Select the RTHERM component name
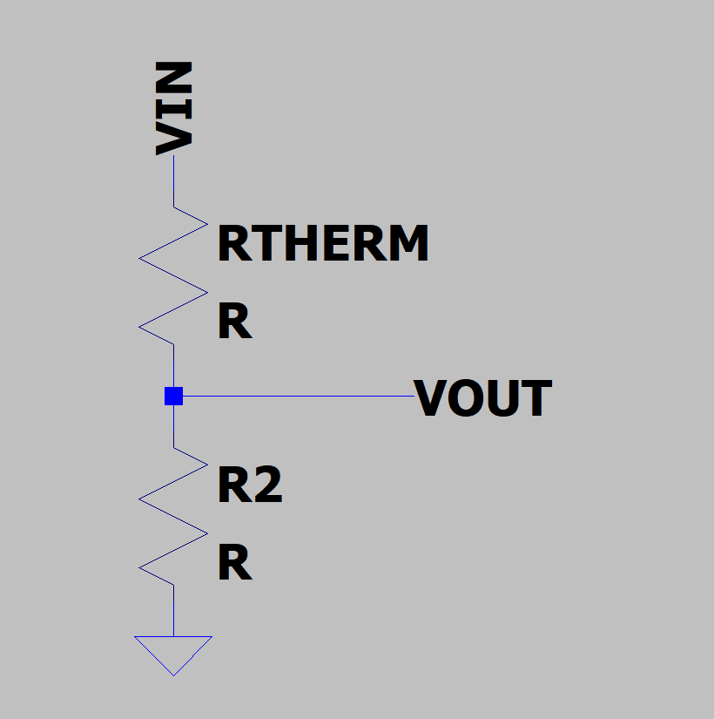click(322, 243)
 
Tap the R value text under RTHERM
click(234, 323)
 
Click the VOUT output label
click(482, 398)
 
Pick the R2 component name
click(250, 485)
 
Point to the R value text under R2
click(234, 565)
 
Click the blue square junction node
click(173, 397)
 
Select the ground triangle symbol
click(173, 652)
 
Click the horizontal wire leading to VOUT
click(296, 397)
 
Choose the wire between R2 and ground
click(173, 610)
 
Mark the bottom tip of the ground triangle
click(173, 674)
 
